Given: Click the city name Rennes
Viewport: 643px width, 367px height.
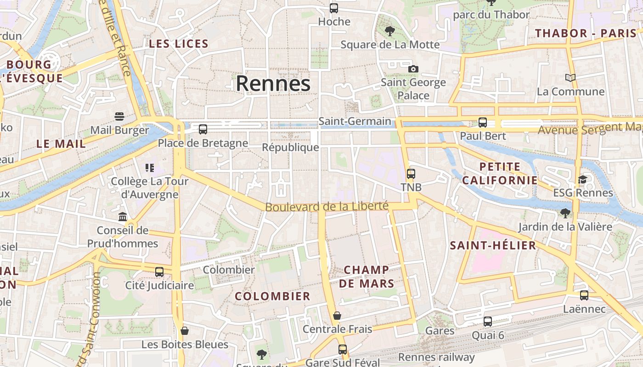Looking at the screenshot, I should [273, 83].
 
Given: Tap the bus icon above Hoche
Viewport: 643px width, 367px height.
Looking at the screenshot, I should [334, 8].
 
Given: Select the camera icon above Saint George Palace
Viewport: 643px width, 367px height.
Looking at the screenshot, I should [413, 69].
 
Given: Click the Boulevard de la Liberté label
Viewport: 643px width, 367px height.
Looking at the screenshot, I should [327, 206].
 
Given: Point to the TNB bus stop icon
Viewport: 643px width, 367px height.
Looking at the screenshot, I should [411, 174].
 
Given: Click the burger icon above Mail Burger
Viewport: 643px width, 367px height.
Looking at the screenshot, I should [119, 116].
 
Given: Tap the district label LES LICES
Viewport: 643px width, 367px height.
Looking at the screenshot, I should [179, 44].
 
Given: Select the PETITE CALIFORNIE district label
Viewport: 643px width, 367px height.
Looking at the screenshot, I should [500, 173].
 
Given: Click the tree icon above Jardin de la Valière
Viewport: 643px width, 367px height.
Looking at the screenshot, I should [565, 213].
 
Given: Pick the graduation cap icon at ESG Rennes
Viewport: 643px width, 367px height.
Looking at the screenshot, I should [582, 179].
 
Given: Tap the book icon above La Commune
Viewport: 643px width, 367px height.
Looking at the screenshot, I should [570, 78].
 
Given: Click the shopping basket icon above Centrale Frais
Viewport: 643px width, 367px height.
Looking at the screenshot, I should [337, 316].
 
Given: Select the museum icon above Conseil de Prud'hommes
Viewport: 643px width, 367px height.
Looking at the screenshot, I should [123, 217].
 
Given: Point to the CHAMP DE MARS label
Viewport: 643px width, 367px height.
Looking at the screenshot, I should [367, 277].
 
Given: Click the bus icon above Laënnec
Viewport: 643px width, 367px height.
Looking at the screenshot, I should [584, 295].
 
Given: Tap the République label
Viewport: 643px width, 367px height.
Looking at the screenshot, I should [290, 147].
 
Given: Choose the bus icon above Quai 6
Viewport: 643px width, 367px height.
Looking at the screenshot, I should [488, 322].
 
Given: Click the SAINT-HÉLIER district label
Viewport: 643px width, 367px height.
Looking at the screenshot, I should [493, 245].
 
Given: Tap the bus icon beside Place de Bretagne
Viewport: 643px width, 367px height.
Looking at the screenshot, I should [203, 129].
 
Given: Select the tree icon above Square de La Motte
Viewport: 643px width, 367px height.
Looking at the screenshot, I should [390, 31].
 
